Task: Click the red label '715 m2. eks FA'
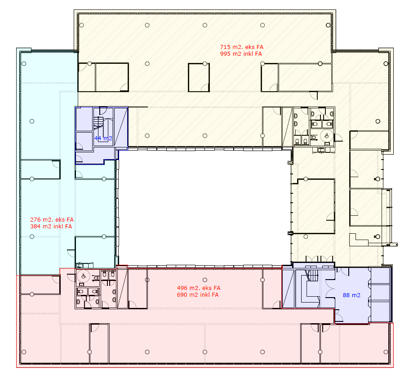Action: [242, 47]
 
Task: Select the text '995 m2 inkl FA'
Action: [241, 54]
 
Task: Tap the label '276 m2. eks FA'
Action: [52, 220]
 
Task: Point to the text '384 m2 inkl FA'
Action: [51, 227]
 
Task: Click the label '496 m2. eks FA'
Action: [199, 288]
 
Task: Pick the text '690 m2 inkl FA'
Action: [198, 295]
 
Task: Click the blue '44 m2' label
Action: [103, 138]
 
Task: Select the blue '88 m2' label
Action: [351, 295]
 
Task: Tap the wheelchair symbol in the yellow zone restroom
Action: [327, 136]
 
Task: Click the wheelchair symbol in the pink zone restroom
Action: [84, 276]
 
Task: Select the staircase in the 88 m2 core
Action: [313, 275]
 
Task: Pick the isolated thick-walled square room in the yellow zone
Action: [199, 78]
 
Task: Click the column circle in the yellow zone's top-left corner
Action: [82, 25]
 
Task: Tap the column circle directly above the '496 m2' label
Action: [205, 280]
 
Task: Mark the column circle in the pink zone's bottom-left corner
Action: [24, 352]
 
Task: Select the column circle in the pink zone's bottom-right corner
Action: [386, 352]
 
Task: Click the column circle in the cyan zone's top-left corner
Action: [24, 63]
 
